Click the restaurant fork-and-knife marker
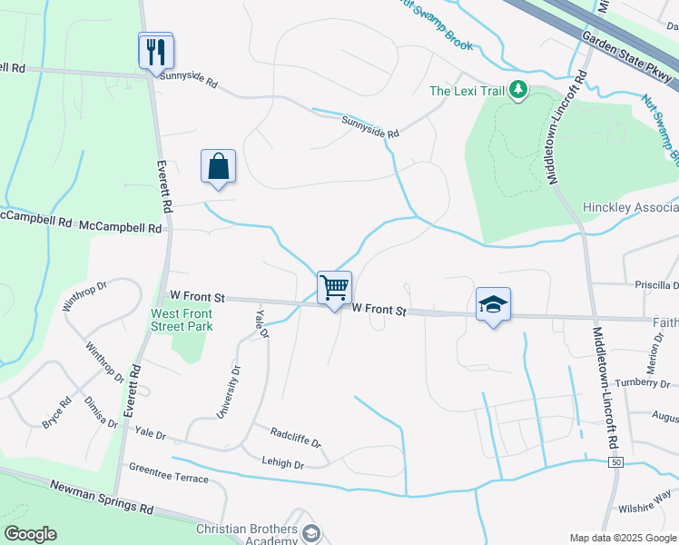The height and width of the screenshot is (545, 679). pyautogui.click(x=155, y=51)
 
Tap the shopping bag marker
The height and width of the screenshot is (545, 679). pyautogui.click(x=218, y=167)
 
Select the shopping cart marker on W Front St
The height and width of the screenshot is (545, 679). pyautogui.click(x=334, y=289)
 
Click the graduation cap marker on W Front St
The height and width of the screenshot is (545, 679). pyautogui.click(x=493, y=305)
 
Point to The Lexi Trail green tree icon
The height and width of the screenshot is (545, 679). pyautogui.click(x=517, y=90)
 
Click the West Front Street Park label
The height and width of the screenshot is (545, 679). pyautogui.click(x=182, y=319)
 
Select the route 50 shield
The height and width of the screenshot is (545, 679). pyautogui.click(x=616, y=463)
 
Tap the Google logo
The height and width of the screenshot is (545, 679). pyautogui.click(x=30, y=534)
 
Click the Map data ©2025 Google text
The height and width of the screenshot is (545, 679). pyautogui.click(x=623, y=538)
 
